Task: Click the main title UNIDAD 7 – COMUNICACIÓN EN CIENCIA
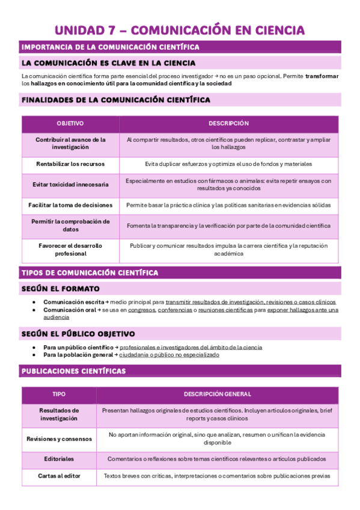coord(180,30)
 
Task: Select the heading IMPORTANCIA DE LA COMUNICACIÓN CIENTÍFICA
coord(111,47)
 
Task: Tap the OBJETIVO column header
coord(70,123)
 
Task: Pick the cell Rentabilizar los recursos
coord(70,164)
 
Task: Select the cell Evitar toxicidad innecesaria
coord(70,184)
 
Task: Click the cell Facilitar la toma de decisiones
coord(70,205)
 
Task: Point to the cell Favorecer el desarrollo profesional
coord(70,250)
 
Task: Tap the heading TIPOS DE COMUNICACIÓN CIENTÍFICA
coord(90,272)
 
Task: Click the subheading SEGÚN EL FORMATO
coord(61,289)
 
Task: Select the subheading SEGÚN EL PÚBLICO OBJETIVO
coord(78,333)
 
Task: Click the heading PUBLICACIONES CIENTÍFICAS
coord(74,371)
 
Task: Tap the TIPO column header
coord(59,395)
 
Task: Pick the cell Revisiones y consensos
coord(59,438)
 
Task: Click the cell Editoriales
coord(59,459)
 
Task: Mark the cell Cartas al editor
coord(59,476)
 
